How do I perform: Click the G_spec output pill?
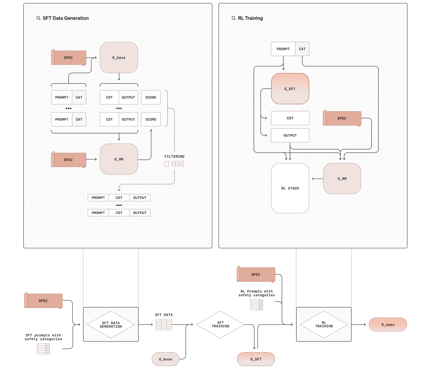[x=388, y=325]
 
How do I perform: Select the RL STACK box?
[x=290, y=188]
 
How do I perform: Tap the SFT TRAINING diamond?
[x=220, y=325]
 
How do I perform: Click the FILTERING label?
[x=175, y=156]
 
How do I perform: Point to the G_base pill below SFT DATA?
[x=166, y=359]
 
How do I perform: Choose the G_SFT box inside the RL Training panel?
[x=290, y=89]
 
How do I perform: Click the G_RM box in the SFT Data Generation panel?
[x=119, y=159]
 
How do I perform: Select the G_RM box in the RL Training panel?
[x=342, y=179]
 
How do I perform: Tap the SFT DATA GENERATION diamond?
[x=110, y=325]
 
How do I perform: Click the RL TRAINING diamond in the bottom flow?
[x=324, y=325]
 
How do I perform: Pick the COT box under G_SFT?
[x=290, y=118]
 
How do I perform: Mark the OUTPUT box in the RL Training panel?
[x=290, y=136]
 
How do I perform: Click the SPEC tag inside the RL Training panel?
[x=342, y=118]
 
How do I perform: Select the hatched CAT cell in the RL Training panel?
[x=302, y=49]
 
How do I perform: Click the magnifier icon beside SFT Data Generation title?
[x=38, y=18]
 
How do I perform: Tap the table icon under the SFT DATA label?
[x=164, y=325]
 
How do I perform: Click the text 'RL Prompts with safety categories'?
[x=257, y=293]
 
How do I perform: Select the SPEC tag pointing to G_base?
[x=68, y=57]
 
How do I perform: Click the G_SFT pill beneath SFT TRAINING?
[x=256, y=359]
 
